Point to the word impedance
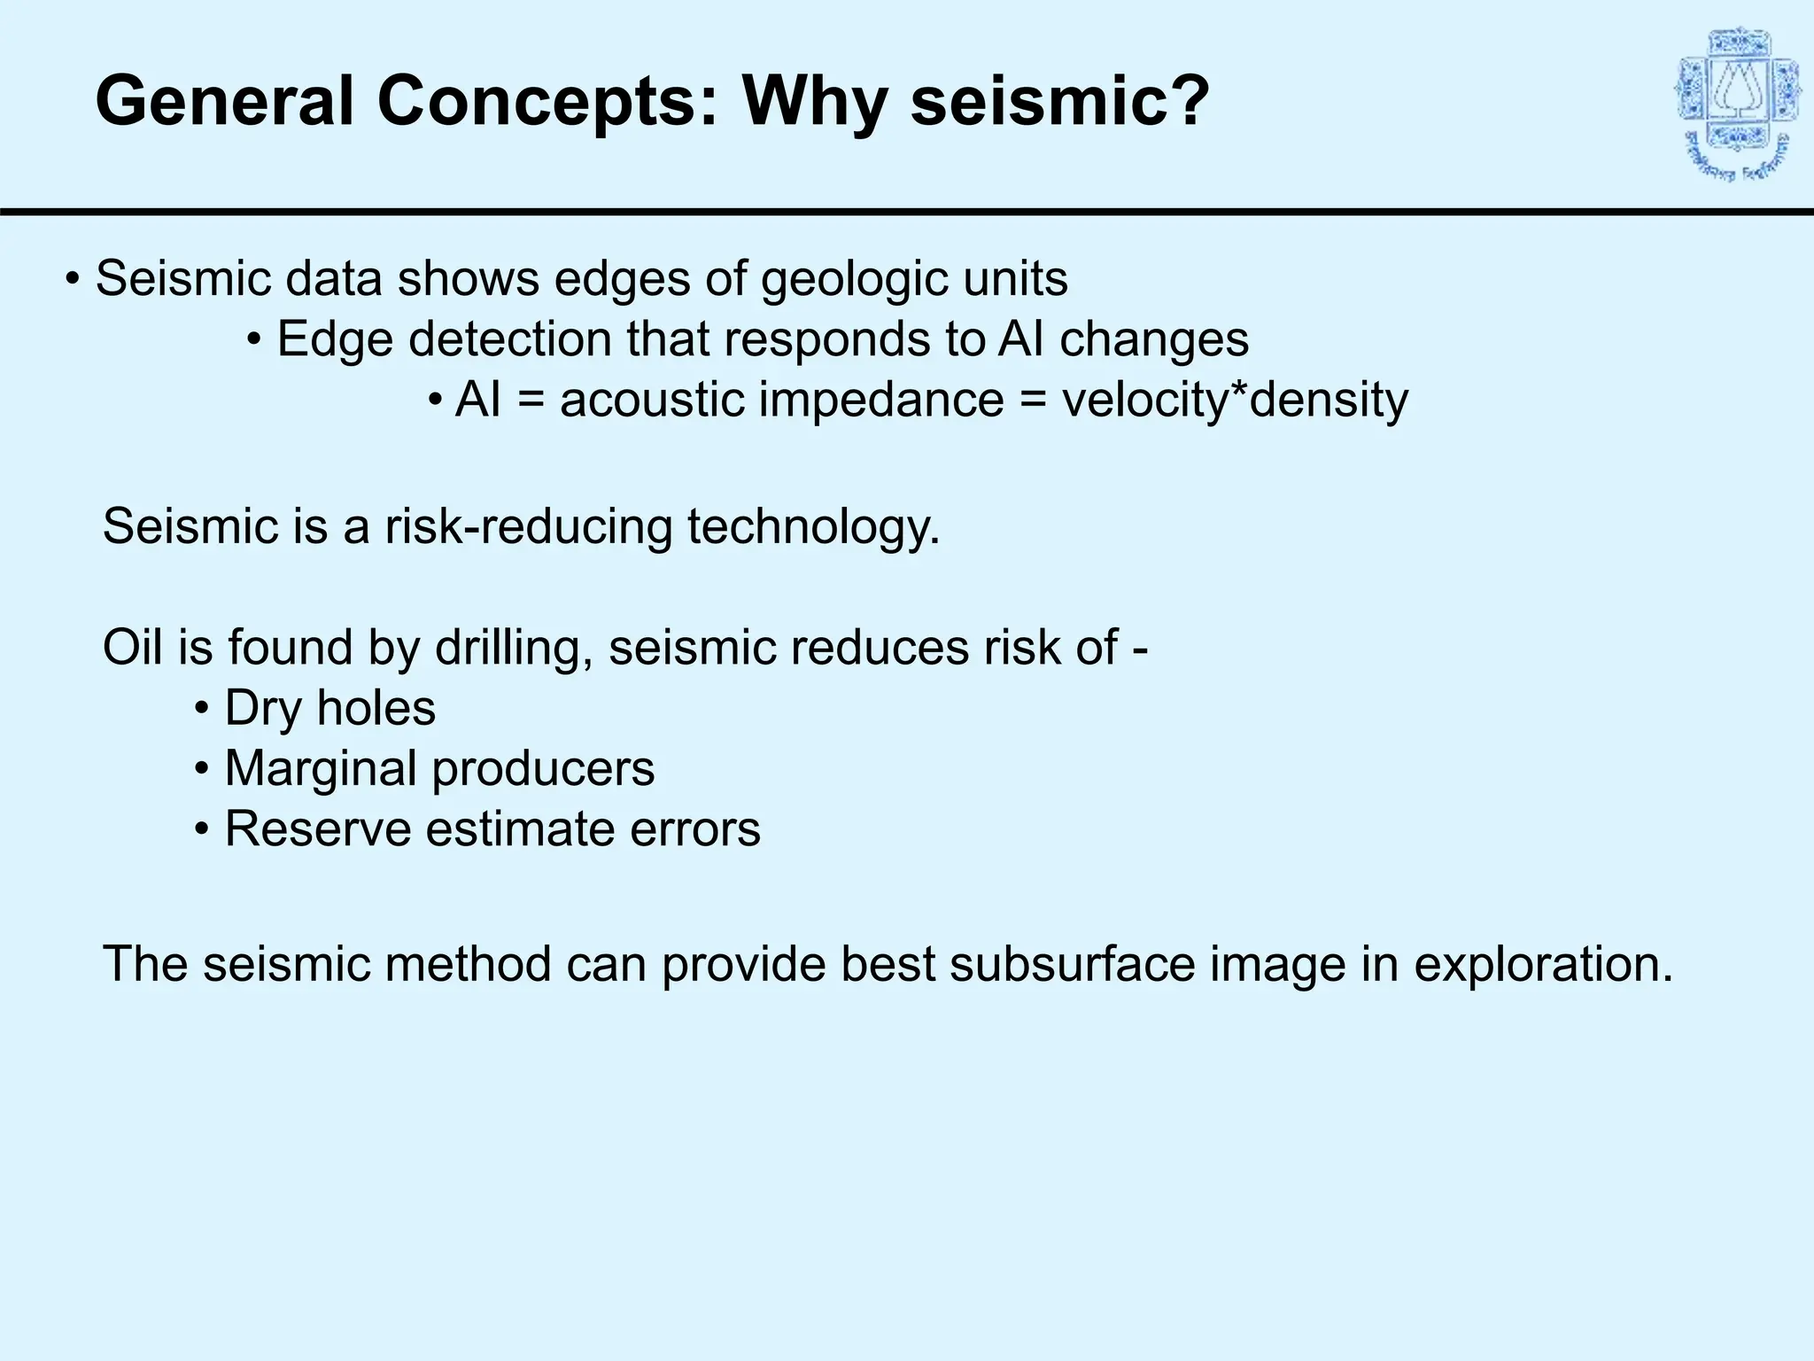(x=881, y=400)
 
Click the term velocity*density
(x=1235, y=400)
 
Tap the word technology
(x=813, y=526)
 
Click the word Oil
(x=133, y=647)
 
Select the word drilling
(x=514, y=648)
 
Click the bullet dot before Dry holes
(x=202, y=709)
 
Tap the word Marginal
(x=320, y=768)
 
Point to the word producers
(x=543, y=769)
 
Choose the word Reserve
(x=317, y=829)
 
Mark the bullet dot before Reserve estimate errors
(x=202, y=829)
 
